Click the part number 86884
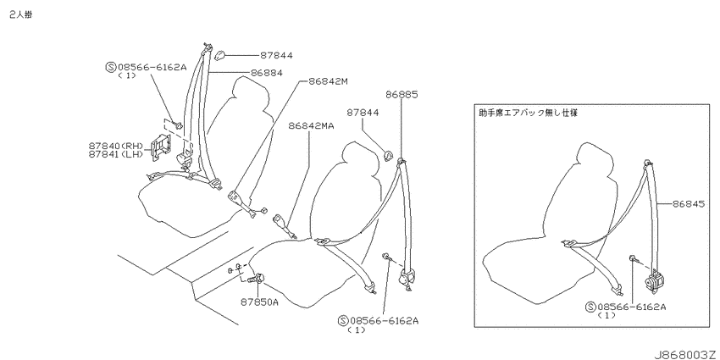[x=266, y=73]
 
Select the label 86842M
[x=329, y=81]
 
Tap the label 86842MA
[x=312, y=125]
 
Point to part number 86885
[x=402, y=95]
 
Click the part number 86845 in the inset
[x=689, y=203]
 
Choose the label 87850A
[x=259, y=302]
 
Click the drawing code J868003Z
[x=685, y=354]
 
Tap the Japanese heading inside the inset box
[x=528, y=113]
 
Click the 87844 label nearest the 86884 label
[x=276, y=56]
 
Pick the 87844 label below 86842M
[x=363, y=113]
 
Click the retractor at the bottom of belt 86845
[x=655, y=280]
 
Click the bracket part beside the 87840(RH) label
[x=159, y=147]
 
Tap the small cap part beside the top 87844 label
[x=219, y=55]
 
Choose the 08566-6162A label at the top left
[x=146, y=68]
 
